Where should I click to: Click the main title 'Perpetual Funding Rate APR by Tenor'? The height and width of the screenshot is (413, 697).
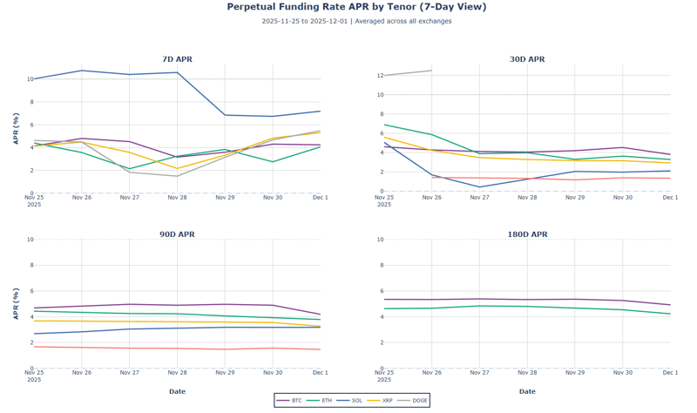pyautogui.click(x=356, y=7)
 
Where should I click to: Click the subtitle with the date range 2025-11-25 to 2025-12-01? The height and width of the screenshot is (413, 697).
pyautogui.click(x=356, y=21)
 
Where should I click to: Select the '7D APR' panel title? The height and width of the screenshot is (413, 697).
pyautogui.click(x=177, y=59)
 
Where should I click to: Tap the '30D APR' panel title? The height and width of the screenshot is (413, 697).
pyautogui.click(x=527, y=59)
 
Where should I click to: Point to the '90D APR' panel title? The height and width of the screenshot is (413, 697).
pyautogui.click(x=177, y=234)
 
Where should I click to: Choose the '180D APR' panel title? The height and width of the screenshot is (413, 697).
pyautogui.click(x=527, y=234)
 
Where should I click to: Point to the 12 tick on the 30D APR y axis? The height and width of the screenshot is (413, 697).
pyautogui.click(x=380, y=76)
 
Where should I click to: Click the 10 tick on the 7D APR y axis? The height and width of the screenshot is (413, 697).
pyautogui.click(x=30, y=79)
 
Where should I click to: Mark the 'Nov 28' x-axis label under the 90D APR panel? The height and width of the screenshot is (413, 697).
pyautogui.click(x=177, y=373)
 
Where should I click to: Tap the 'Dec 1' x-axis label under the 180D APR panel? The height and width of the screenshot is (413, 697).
pyautogui.click(x=669, y=373)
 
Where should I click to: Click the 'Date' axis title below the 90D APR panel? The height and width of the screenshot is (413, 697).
pyautogui.click(x=177, y=391)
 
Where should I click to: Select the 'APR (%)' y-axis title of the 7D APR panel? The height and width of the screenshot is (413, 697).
pyautogui.click(x=16, y=129)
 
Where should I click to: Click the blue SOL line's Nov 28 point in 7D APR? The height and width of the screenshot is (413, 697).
pyautogui.click(x=177, y=72)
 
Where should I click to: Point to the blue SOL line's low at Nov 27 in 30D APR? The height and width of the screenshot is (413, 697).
pyautogui.click(x=479, y=186)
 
